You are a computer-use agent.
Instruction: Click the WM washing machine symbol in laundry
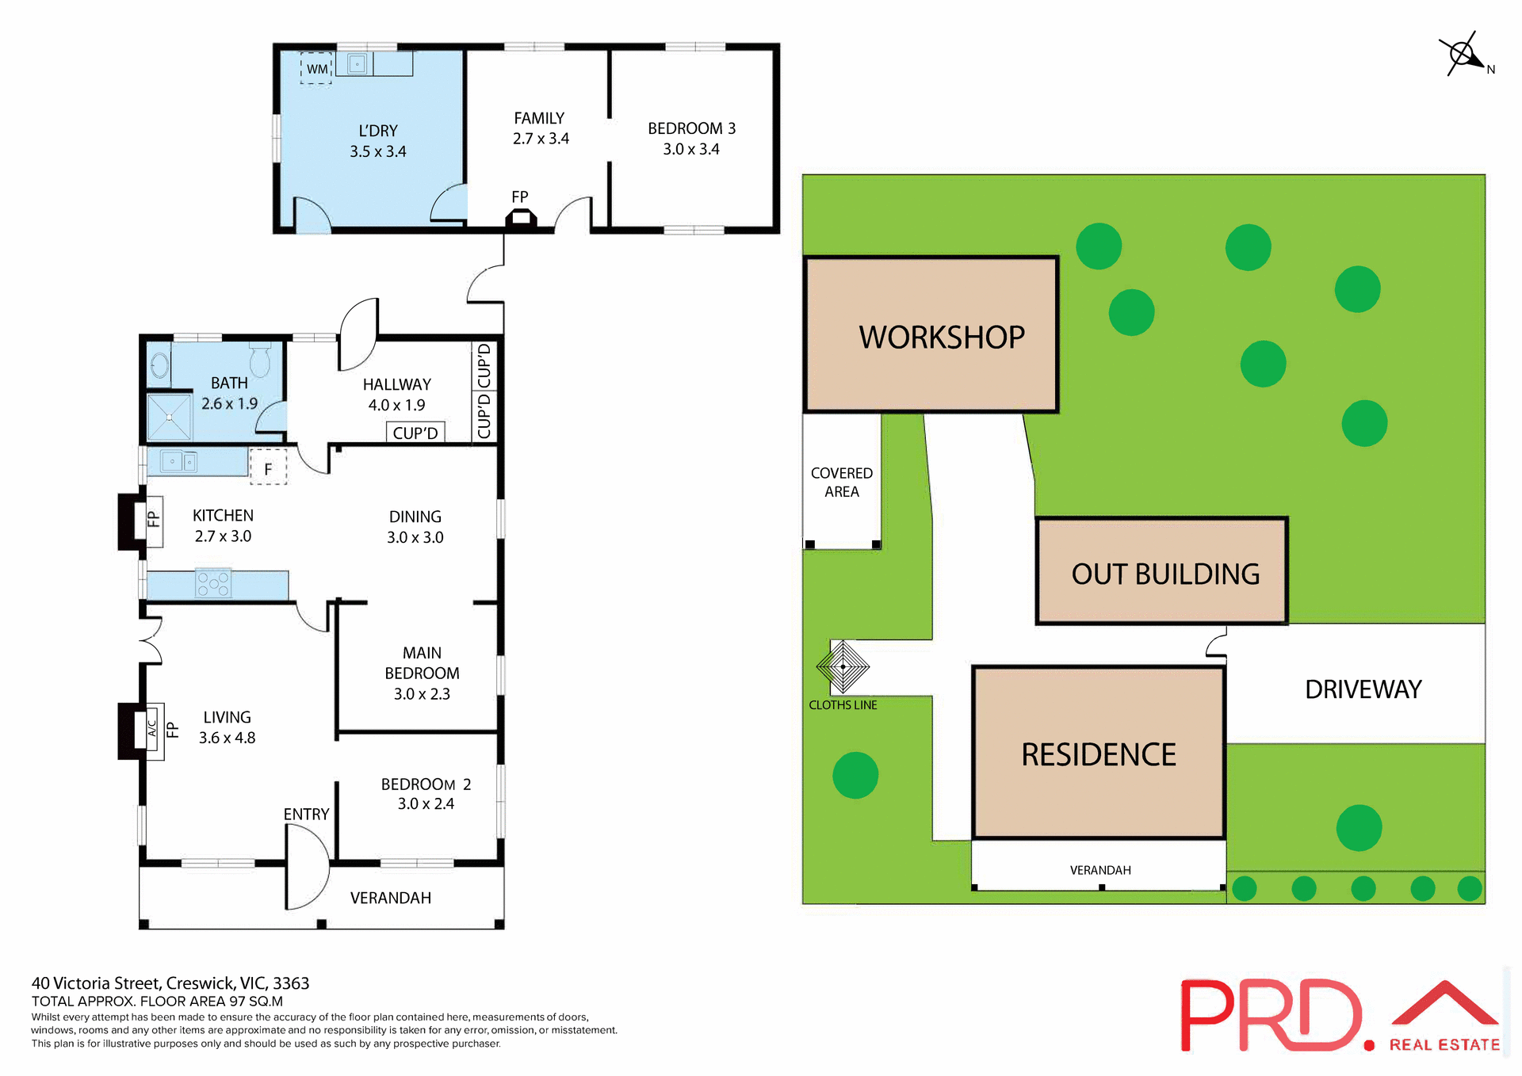[x=316, y=69]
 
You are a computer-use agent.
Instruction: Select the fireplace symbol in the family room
[x=521, y=218]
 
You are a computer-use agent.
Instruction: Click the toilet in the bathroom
[x=260, y=361]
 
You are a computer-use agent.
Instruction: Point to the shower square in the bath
[x=170, y=417]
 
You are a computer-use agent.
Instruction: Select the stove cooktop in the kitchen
[x=213, y=583]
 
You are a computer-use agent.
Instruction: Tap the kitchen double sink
[x=179, y=461]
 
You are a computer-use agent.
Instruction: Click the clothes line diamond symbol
[x=843, y=666]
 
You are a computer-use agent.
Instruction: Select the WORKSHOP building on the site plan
[x=931, y=334]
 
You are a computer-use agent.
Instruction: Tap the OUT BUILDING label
[x=1164, y=574]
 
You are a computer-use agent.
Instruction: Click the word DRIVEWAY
[x=1363, y=689]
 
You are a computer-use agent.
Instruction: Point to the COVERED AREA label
[x=841, y=482]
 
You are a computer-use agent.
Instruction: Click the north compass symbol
[x=1463, y=55]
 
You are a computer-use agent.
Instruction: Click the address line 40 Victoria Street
[x=170, y=983]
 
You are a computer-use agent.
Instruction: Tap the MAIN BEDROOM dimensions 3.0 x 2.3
[x=422, y=694]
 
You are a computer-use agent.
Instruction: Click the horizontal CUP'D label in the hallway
[x=415, y=433]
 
